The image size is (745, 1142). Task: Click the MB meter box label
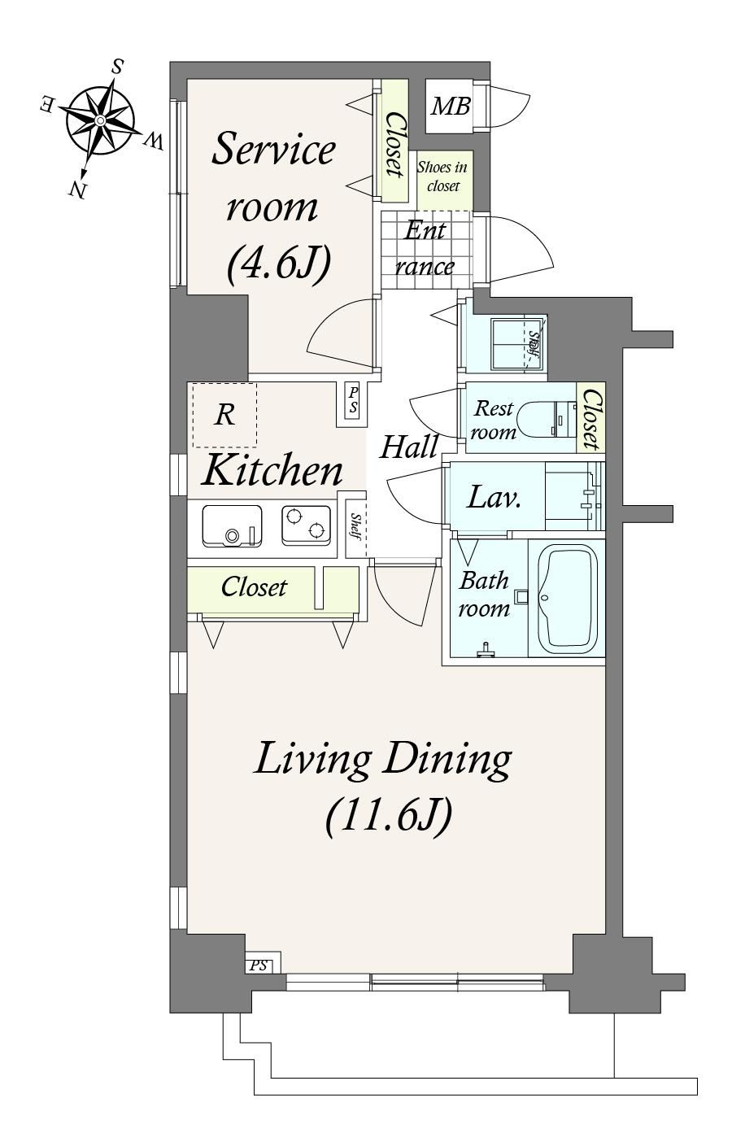[451, 107]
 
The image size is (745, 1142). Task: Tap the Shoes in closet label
[442, 177]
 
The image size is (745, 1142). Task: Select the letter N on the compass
[76, 190]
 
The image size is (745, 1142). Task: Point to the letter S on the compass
[118, 66]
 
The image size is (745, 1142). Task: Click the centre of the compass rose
[101, 120]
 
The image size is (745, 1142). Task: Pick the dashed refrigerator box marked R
[224, 415]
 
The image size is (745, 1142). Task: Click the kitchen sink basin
[232, 525]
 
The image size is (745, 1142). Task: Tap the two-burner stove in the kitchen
[306, 524]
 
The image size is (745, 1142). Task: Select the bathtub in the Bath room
[568, 599]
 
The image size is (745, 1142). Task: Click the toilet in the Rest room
[546, 420]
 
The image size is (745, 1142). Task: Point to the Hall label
[409, 447]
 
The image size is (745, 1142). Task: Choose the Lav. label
[494, 497]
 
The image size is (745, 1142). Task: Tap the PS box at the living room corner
[259, 965]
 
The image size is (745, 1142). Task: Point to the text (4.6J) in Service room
[280, 264]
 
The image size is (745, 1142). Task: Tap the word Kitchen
[272, 469]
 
